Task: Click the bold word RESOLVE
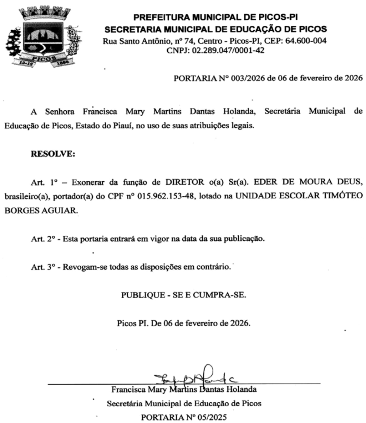click(53, 154)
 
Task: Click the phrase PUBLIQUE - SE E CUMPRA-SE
click(184, 295)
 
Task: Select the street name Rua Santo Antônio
click(132, 41)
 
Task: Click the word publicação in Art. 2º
click(244, 239)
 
